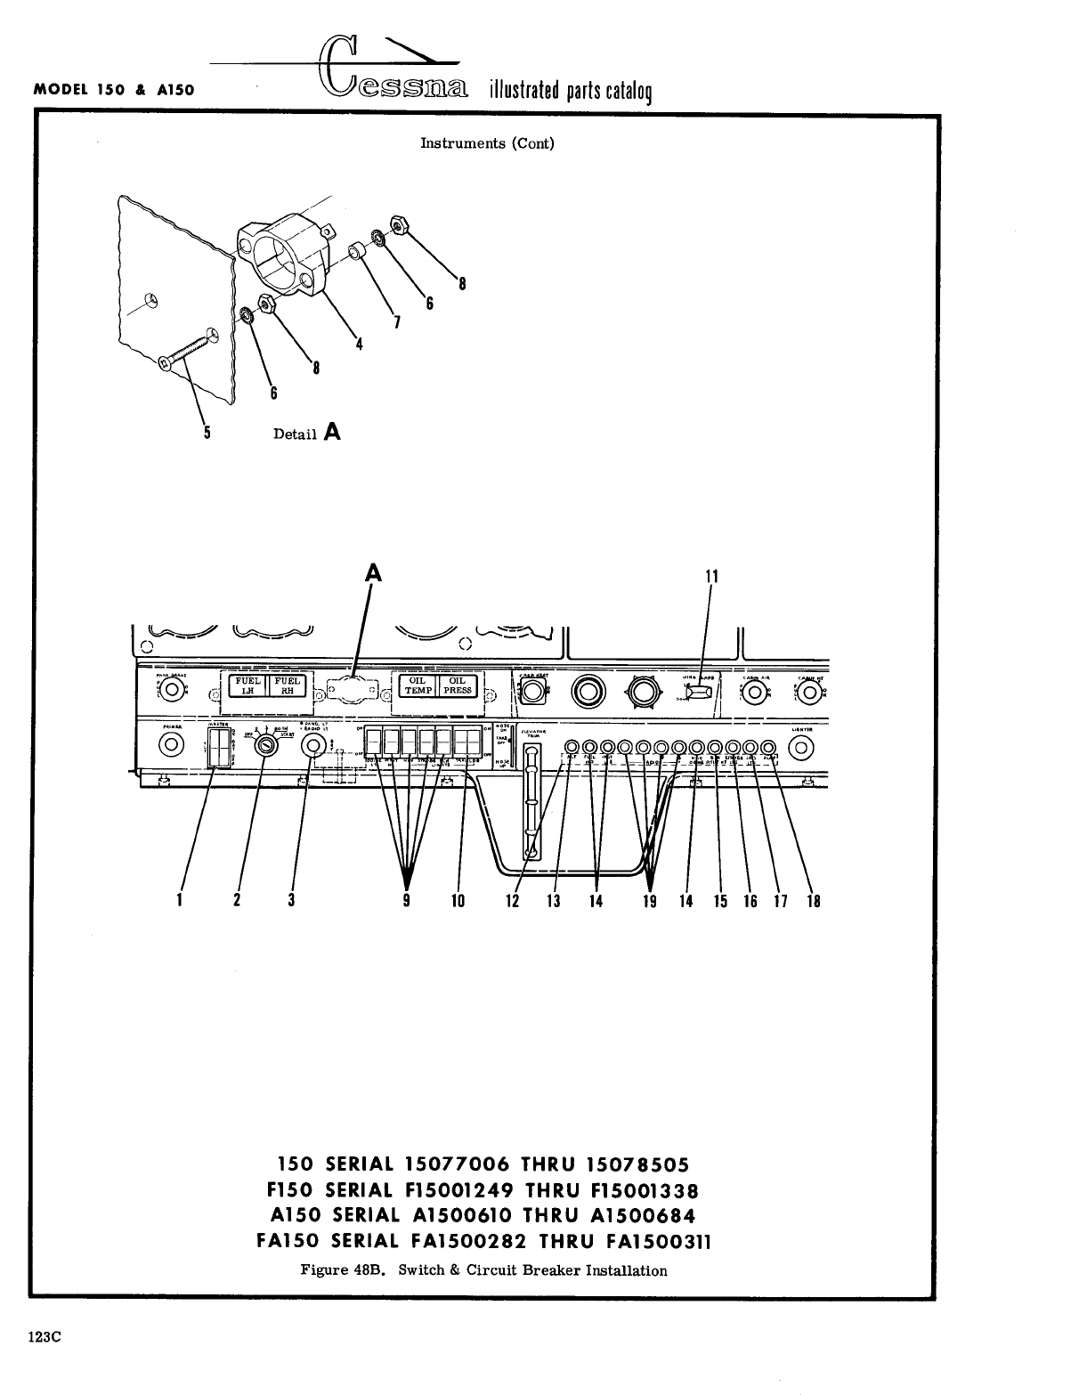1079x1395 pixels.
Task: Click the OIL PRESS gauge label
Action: click(458, 685)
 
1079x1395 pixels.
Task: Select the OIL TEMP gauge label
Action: click(417, 685)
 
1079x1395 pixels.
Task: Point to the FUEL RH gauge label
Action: click(287, 685)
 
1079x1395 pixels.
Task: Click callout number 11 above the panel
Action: click(711, 576)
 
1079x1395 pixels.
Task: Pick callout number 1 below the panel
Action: click(179, 900)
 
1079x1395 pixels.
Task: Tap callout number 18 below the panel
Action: click(813, 900)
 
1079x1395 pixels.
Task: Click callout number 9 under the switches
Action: click(406, 900)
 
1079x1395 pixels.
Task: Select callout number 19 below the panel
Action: click(650, 900)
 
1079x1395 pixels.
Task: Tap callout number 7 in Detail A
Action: click(396, 322)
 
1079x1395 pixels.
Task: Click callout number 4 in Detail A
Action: click(359, 345)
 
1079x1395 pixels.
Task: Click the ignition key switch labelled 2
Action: click(264, 747)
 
